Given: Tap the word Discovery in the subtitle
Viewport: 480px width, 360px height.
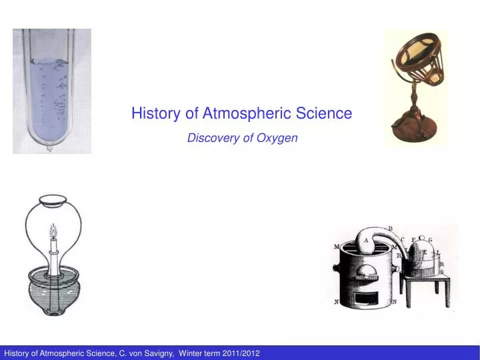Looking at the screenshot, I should (209, 138).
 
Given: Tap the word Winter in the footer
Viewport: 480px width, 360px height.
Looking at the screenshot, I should (191, 352).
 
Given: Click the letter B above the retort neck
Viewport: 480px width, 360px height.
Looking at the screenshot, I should (391, 229).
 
